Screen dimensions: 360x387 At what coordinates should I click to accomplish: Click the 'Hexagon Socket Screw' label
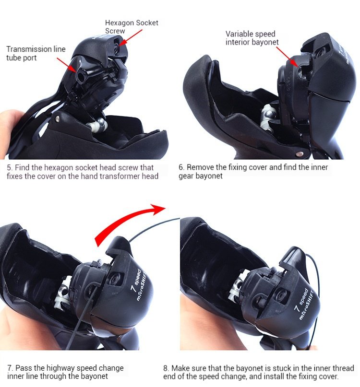pos(132,27)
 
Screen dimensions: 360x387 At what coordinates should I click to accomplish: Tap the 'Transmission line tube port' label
pos(36,53)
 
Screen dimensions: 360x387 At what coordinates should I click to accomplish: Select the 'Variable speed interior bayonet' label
pos(252,38)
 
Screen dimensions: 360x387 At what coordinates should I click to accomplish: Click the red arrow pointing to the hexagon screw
pos(130,37)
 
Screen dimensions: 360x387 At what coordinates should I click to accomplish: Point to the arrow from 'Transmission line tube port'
pos(66,65)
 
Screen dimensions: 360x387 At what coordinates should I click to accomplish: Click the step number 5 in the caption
pos(10,167)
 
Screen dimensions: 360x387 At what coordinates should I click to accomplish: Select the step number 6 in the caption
pos(181,167)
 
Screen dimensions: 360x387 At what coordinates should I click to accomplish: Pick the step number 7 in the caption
pos(10,368)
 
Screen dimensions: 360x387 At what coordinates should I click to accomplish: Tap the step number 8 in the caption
pos(166,368)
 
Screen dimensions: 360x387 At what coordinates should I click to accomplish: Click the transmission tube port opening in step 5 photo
pos(81,77)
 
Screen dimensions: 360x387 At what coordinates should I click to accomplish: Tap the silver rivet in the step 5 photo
pos(57,119)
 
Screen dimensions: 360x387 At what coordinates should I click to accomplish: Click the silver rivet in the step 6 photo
pos(299,154)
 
